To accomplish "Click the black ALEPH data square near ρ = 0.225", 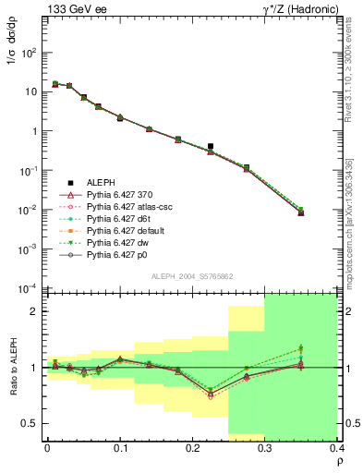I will click(x=211, y=146).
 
